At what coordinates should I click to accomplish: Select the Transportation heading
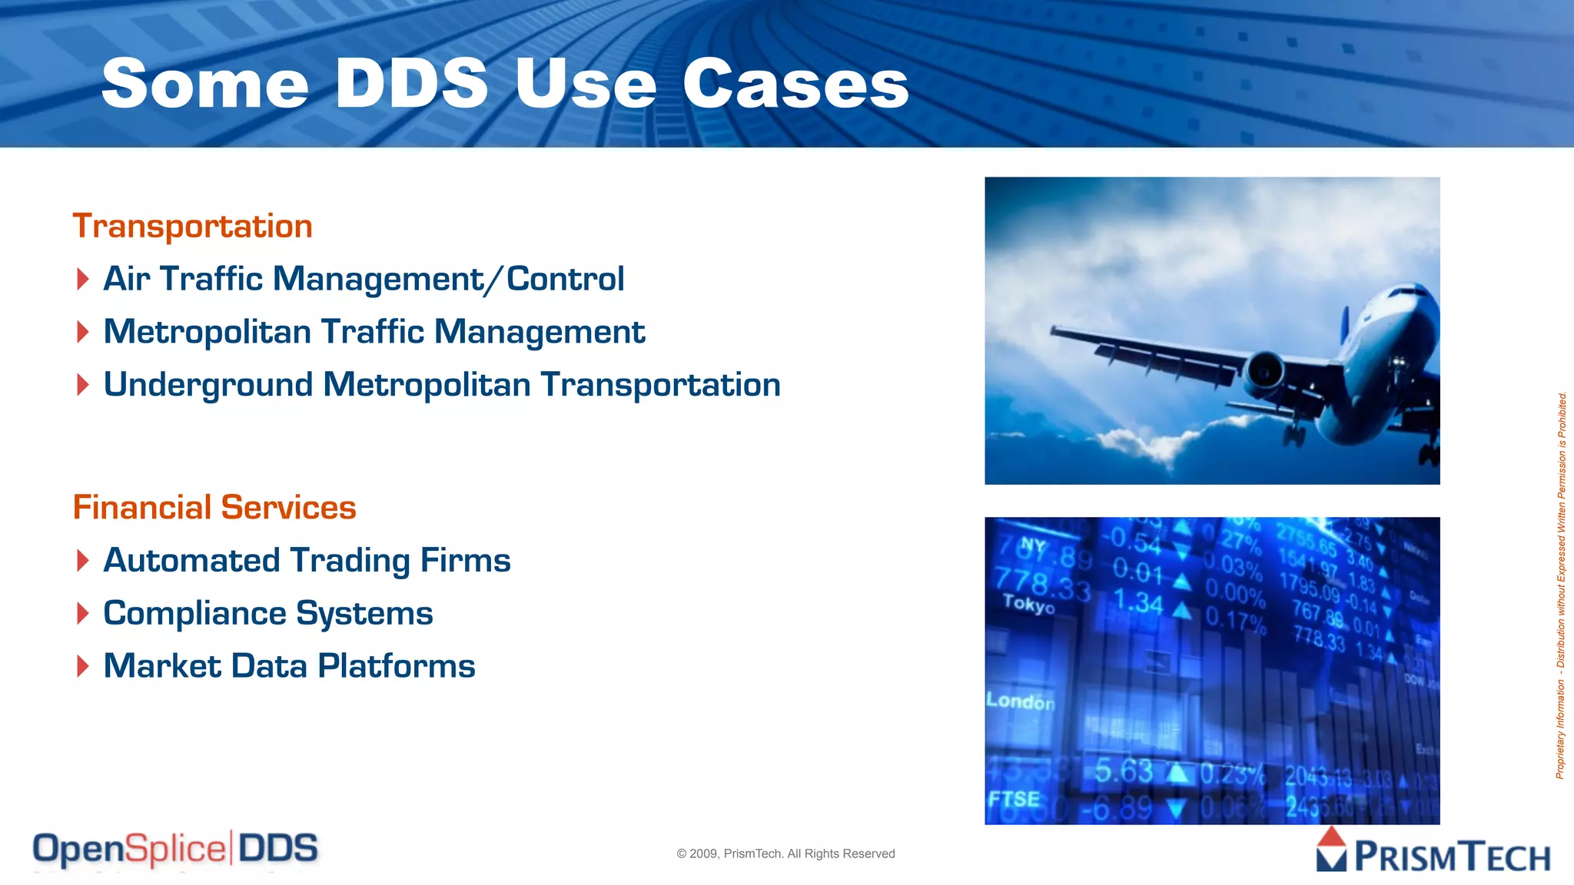(192, 226)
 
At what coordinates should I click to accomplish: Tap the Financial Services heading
(214, 507)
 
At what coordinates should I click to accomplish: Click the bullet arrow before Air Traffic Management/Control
(83, 279)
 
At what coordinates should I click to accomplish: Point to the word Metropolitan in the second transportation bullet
(207, 332)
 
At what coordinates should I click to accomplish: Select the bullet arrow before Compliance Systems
(83, 614)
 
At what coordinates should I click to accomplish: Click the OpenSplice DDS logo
(175, 849)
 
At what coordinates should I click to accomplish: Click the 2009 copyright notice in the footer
(785, 854)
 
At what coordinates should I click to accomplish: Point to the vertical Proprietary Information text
(1561, 585)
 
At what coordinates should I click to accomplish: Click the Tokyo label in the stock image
(1028, 604)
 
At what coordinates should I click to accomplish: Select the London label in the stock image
(1021, 701)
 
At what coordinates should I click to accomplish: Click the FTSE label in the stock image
(1014, 799)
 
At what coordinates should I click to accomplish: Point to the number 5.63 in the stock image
(1124, 771)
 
